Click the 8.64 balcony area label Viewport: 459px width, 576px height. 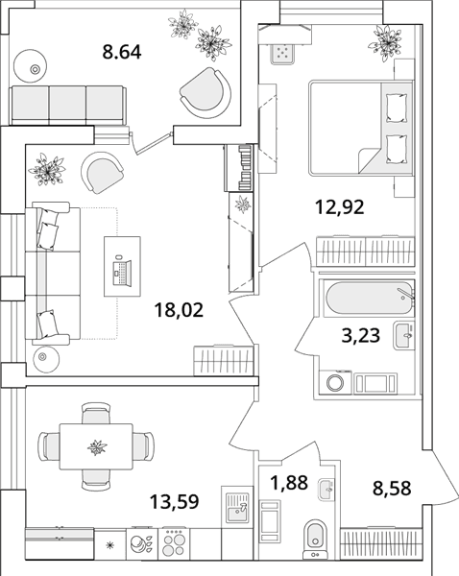click(x=122, y=52)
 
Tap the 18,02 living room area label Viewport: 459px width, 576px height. click(x=179, y=310)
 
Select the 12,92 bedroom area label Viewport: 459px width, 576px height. click(x=340, y=206)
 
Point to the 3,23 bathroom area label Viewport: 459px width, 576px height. click(x=360, y=335)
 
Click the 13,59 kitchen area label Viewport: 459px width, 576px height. click(x=175, y=501)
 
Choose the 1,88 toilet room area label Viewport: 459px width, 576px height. click(x=288, y=483)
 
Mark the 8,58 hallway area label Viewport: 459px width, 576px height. click(x=392, y=489)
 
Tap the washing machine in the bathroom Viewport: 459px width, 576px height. click(x=335, y=382)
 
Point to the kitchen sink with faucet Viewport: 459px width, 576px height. click(x=237, y=507)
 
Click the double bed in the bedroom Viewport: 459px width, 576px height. click(x=361, y=128)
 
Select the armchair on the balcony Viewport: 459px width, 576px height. click(x=205, y=93)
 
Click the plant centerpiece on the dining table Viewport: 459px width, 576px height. click(x=97, y=447)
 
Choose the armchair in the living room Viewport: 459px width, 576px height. click(x=102, y=172)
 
